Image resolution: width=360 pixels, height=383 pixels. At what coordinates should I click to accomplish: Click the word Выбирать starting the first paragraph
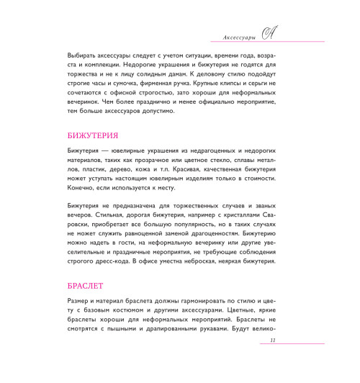[64, 55]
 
